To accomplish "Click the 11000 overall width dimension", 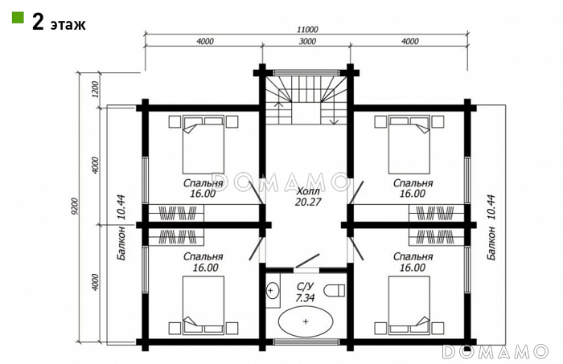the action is tap(308, 30).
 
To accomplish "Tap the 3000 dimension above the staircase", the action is tap(308, 41).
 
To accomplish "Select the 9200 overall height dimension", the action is tap(75, 207).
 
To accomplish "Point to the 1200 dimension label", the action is tap(94, 90).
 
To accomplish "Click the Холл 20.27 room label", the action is tap(308, 196).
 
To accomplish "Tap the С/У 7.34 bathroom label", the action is tap(305, 292).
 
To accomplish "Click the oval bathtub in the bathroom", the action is tap(305, 321).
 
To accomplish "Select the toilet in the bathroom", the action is tap(334, 290).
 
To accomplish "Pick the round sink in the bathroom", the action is tap(272, 290).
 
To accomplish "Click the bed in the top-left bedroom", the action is tap(203, 144).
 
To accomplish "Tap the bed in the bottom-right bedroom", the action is tap(409, 305).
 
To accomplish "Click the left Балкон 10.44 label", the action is tap(121, 227).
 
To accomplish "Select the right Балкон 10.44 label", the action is tap(491, 227).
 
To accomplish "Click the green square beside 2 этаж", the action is tap(18, 18).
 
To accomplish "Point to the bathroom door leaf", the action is tap(307, 260).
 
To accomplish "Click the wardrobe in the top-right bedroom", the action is tap(436, 213).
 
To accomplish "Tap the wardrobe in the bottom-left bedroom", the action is tap(176, 237).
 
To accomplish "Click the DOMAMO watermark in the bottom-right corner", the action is tap(495, 352).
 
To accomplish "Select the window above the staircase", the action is tap(306, 73).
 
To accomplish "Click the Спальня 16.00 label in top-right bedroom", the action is tap(413, 188).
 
